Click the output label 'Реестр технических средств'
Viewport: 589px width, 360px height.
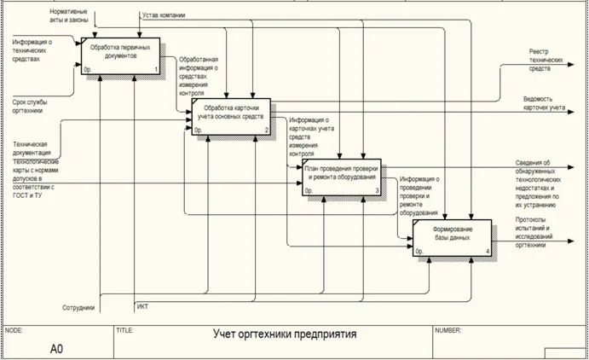click(x=546, y=60)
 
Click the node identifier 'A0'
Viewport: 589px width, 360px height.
click(x=57, y=348)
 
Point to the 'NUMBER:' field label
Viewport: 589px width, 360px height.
click(x=448, y=329)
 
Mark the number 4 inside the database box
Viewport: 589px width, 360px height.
click(x=487, y=252)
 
